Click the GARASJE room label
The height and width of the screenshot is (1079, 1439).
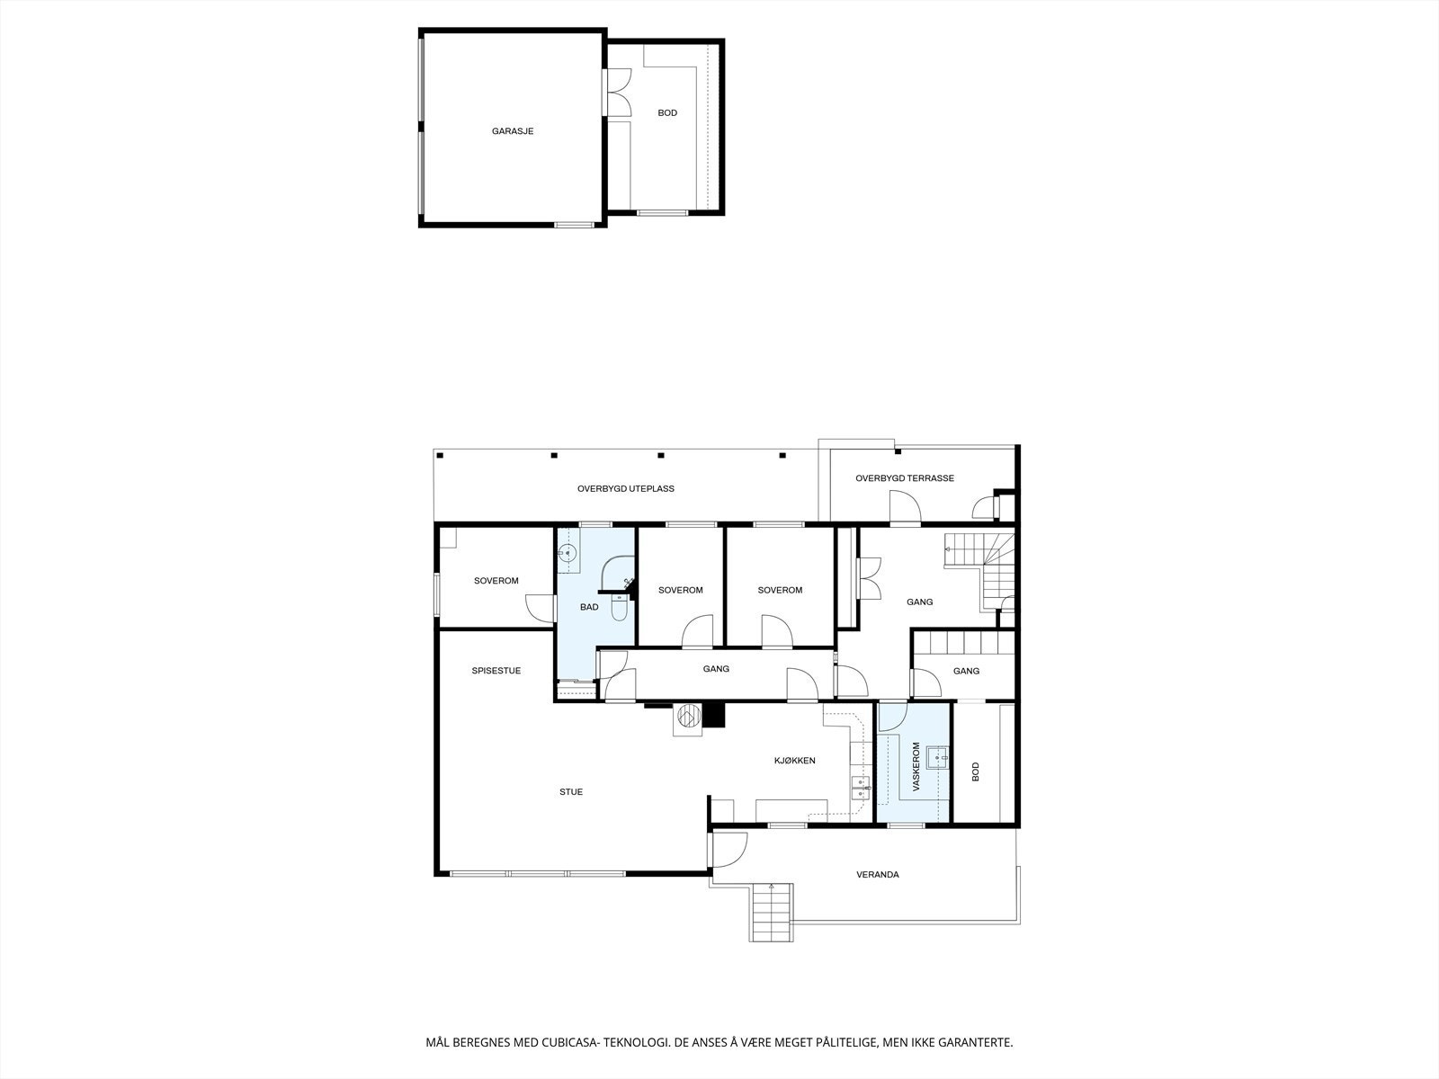tap(513, 131)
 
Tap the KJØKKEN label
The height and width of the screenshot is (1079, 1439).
tap(795, 761)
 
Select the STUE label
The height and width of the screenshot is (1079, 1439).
tap(571, 792)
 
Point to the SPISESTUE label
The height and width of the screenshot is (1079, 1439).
tap(496, 671)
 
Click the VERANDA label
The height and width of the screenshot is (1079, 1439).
tap(878, 875)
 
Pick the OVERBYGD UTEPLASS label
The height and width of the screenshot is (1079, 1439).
tap(626, 489)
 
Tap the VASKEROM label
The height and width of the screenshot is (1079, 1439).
tap(916, 766)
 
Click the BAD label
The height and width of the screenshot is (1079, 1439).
tap(589, 608)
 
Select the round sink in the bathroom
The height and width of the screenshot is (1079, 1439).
tap(567, 556)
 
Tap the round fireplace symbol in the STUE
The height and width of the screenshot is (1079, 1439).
tap(688, 717)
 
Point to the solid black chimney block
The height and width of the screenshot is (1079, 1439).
tap(714, 715)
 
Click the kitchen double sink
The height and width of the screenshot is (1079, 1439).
tap(861, 789)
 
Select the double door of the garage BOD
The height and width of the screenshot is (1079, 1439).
tap(617, 93)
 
